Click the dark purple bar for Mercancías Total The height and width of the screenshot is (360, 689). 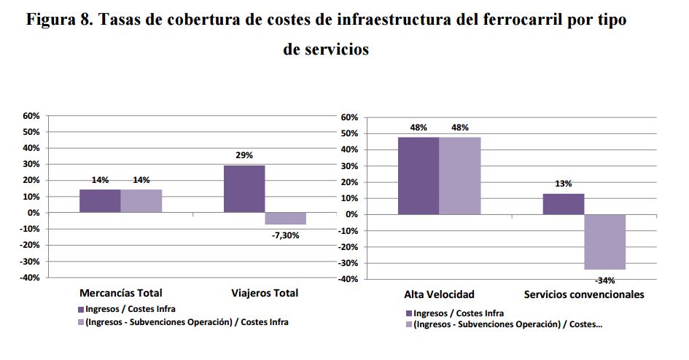100,200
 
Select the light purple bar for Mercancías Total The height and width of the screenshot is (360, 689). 141,200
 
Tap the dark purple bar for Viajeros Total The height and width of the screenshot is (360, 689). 244,189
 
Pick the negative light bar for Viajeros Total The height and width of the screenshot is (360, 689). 286,218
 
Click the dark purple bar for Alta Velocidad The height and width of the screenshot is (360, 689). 418,176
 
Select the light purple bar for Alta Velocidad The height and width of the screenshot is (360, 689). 460,176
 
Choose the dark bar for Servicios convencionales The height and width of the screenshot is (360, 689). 563,204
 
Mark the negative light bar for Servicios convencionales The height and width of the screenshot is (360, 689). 605,242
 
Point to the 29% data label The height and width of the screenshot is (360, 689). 244,156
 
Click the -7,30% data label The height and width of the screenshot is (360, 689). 286,235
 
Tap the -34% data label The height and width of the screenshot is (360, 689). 604,280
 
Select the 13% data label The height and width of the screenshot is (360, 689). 563,184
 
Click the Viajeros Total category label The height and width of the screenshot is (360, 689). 265,294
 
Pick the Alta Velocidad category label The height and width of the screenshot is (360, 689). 439,295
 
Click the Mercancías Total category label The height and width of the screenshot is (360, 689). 120,294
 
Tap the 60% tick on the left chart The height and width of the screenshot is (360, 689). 31,116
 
